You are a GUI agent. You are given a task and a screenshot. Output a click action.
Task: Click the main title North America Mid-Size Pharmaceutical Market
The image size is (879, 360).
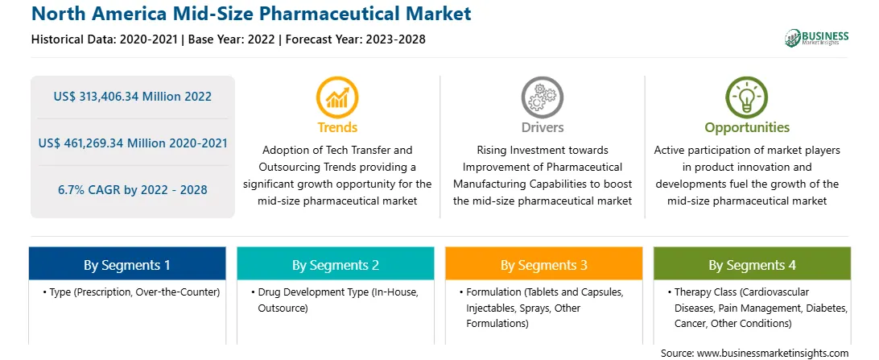(x=251, y=14)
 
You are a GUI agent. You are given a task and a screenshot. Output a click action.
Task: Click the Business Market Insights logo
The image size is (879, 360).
(x=817, y=38)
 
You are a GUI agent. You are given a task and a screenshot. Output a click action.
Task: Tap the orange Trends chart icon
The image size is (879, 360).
(x=337, y=97)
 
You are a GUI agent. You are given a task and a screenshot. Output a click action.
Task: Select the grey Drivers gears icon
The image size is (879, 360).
(x=542, y=97)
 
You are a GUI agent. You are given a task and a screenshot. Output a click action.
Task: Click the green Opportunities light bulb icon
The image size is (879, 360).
(x=747, y=97)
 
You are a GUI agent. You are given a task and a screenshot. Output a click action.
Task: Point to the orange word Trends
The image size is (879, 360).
(x=337, y=127)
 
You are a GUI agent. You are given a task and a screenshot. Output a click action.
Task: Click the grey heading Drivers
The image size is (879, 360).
(x=543, y=127)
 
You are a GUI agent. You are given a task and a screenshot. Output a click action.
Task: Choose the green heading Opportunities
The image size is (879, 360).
(x=747, y=128)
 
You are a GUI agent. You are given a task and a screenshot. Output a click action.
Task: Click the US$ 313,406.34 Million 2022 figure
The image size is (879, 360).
(x=133, y=97)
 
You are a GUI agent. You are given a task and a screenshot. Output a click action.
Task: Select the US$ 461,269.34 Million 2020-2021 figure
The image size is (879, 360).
(x=133, y=143)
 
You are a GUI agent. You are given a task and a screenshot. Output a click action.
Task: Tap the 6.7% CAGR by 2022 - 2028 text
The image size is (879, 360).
(x=133, y=189)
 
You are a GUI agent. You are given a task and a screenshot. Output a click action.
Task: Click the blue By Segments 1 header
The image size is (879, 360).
(x=127, y=265)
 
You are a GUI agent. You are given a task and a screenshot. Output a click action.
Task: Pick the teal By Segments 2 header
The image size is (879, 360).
(x=335, y=265)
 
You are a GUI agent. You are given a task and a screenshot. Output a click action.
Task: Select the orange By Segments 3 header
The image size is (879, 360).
(x=544, y=265)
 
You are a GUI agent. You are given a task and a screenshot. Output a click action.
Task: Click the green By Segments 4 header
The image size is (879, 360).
(x=753, y=265)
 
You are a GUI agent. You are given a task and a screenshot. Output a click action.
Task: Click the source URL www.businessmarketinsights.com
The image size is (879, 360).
(x=772, y=354)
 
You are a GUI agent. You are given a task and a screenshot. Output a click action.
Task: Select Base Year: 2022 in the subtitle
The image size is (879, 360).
(x=231, y=39)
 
